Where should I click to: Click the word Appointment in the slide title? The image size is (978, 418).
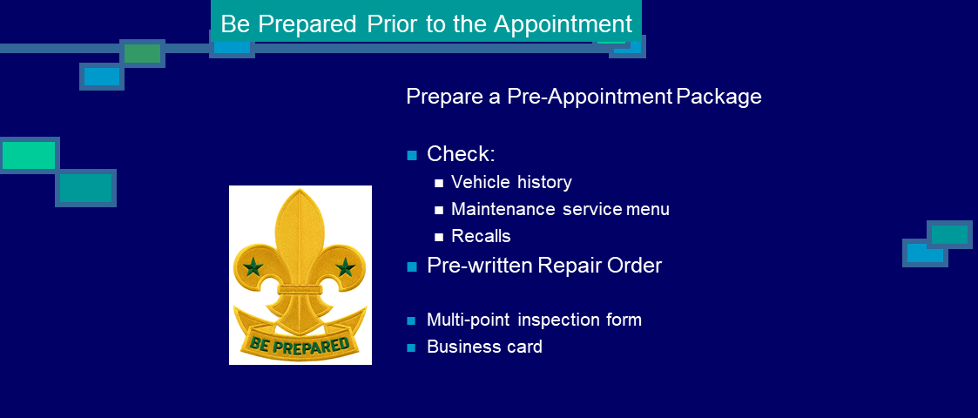(563, 24)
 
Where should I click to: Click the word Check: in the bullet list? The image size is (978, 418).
(461, 154)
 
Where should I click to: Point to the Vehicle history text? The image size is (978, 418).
(511, 182)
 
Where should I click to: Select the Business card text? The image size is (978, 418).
(484, 347)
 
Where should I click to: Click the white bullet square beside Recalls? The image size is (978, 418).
(439, 237)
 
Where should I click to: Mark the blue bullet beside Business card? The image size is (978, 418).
(411, 347)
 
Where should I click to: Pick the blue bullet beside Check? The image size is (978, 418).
(412, 155)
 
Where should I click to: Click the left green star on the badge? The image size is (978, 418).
(253, 267)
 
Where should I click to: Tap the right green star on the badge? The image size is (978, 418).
(345, 267)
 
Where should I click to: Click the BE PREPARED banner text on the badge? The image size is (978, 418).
(300, 345)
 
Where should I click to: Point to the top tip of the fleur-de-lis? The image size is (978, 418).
(300, 189)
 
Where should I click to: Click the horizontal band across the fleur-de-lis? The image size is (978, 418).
(300, 289)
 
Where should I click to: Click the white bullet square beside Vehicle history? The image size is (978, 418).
(439, 184)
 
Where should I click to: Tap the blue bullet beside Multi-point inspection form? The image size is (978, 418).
(411, 320)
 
